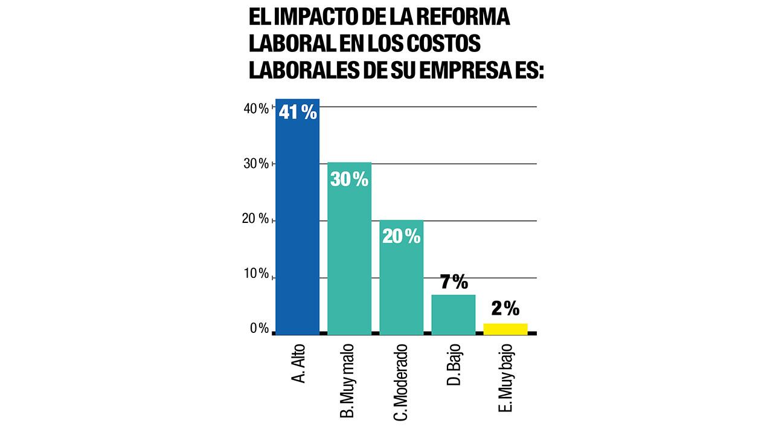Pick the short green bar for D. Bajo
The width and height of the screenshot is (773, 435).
pyautogui.click(x=453, y=314)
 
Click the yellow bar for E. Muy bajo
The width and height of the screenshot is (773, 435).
pyautogui.click(x=505, y=328)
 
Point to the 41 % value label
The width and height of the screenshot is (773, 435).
pyautogui.click(x=298, y=112)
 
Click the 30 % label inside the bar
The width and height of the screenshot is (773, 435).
pyautogui.click(x=349, y=179)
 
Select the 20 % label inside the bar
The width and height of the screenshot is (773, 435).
pyautogui.click(x=401, y=236)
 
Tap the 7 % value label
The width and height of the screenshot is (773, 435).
pyautogui.click(x=453, y=282)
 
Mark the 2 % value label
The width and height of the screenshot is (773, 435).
pyautogui.click(x=505, y=309)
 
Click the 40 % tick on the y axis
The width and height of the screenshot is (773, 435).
pyautogui.click(x=255, y=108)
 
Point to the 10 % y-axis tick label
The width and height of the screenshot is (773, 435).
pyautogui.click(x=255, y=274)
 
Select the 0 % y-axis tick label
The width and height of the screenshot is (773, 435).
pyautogui.click(x=258, y=329)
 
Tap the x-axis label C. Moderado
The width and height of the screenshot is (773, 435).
pyautogui.click(x=401, y=382)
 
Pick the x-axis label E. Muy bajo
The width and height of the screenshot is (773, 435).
pyautogui.click(x=506, y=378)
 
